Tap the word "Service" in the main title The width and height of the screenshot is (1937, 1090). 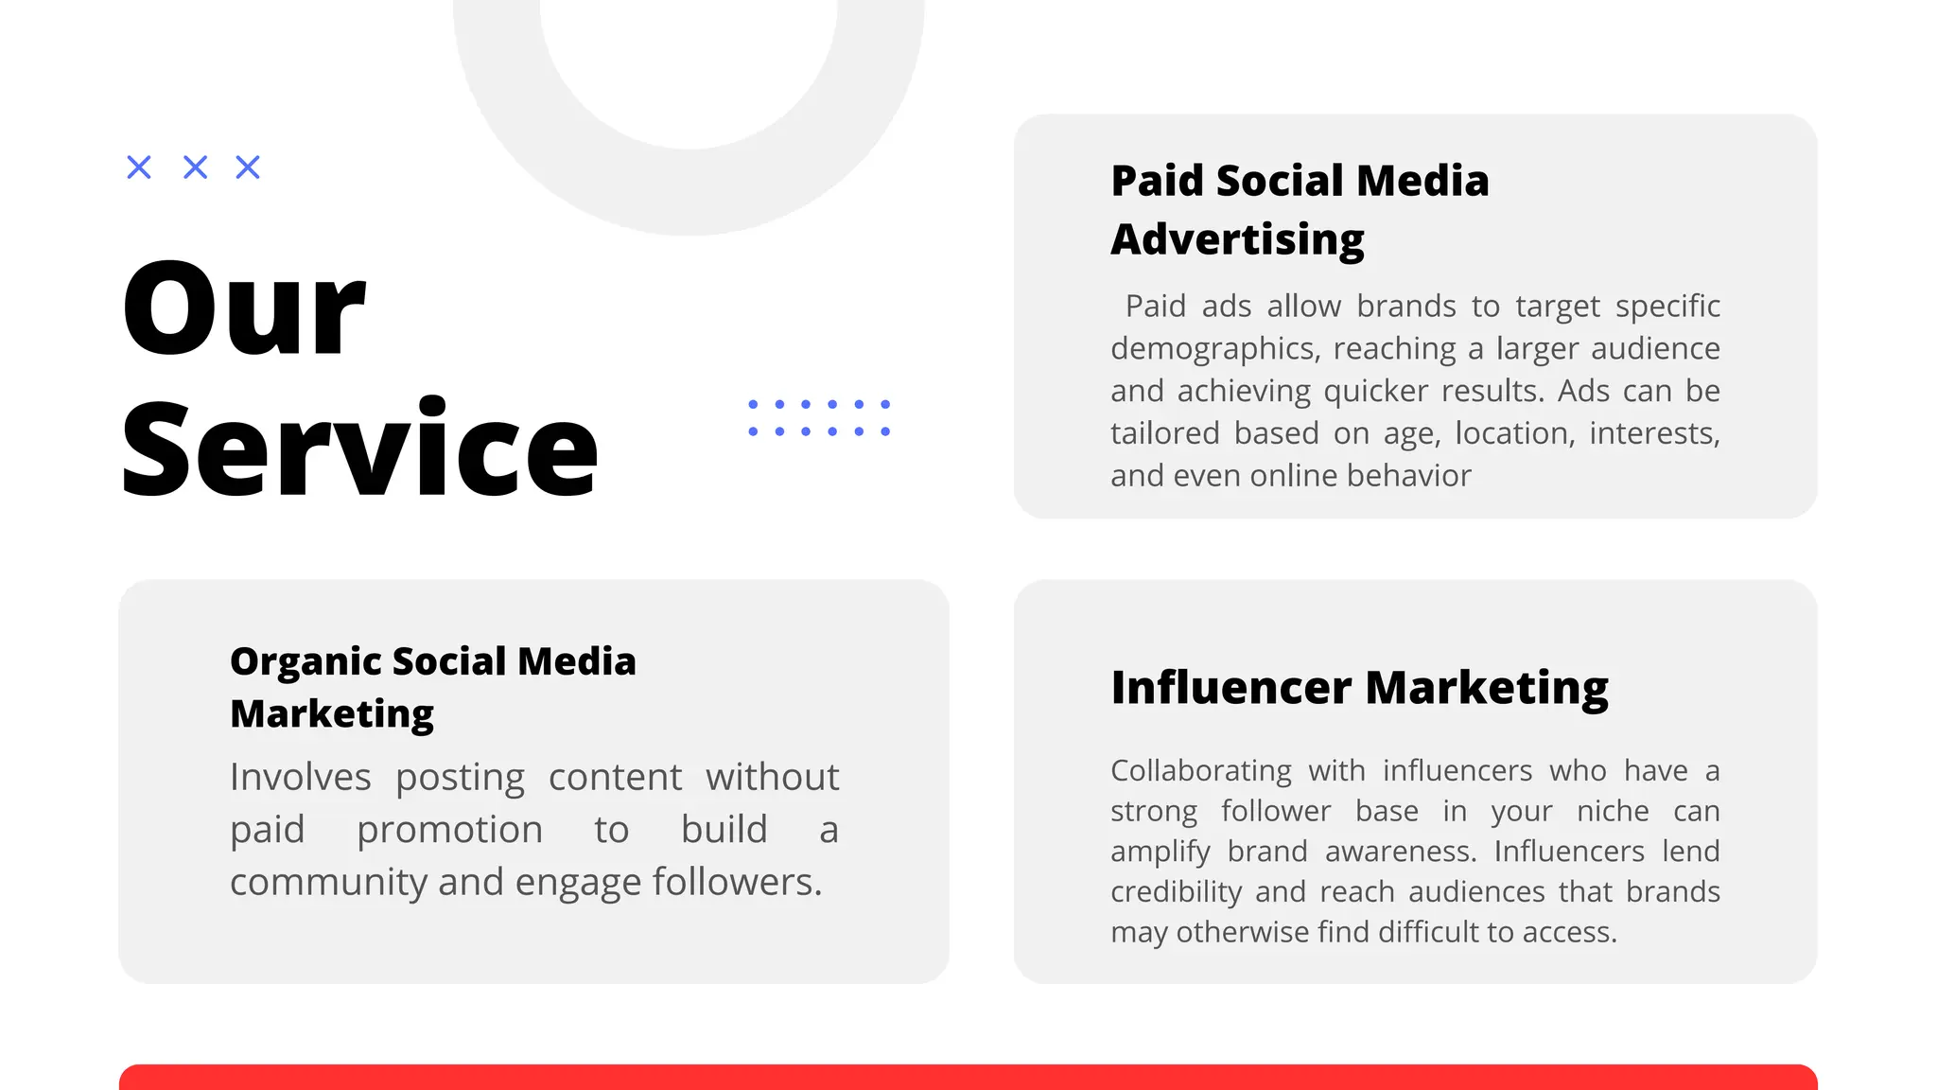[359, 448]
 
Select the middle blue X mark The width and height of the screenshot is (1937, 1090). [195, 167]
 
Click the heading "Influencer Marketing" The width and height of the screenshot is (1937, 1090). [1359, 688]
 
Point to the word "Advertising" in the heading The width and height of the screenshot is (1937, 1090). [1237, 239]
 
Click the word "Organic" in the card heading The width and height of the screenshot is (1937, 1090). [305, 661]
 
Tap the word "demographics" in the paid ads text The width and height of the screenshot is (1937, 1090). [1213, 349]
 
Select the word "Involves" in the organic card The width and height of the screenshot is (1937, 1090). [300, 778]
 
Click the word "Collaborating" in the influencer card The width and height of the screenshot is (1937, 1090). [1200, 771]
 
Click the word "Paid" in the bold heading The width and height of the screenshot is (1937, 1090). [1158, 181]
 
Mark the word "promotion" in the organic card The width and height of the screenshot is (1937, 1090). [449, 831]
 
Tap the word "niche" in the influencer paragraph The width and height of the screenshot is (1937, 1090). [1613, 812]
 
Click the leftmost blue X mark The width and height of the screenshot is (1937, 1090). [139, 167]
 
